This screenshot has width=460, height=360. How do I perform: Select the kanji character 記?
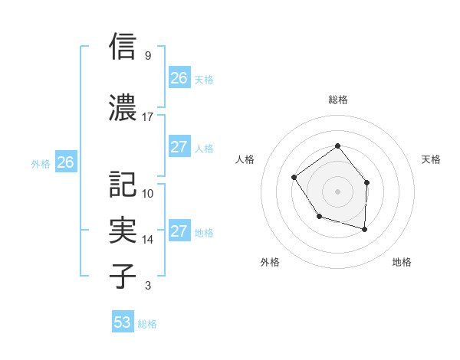123,184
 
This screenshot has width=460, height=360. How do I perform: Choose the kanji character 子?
123,275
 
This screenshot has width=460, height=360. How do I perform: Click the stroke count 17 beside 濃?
148,117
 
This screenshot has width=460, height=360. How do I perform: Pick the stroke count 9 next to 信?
148,56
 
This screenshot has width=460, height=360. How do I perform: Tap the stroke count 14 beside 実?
148,240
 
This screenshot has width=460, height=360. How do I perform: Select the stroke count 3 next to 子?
148,286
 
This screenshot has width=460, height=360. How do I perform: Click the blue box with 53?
123,322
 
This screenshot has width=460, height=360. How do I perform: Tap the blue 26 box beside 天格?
179,78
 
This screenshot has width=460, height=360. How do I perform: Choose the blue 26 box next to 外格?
66,162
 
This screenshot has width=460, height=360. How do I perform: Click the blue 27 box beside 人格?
179,147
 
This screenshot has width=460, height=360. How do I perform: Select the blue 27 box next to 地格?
179,231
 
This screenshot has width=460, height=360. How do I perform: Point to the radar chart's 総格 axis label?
338,100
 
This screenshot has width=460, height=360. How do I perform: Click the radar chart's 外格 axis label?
270,262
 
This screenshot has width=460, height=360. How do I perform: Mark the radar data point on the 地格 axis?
364,229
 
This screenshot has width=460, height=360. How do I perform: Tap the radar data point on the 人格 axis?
295,178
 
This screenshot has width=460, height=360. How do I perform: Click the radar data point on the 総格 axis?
337,146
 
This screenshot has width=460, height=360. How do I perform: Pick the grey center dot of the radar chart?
337,191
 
